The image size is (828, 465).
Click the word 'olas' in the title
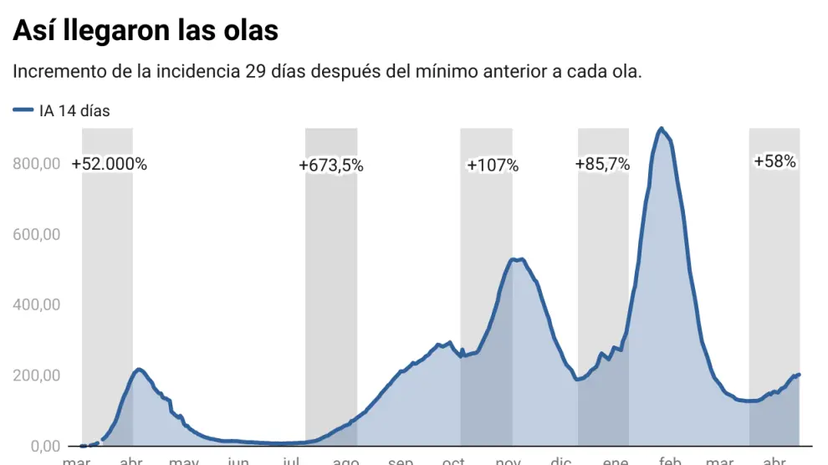246,30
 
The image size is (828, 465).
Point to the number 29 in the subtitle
256,71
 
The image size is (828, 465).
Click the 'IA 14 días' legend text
74,110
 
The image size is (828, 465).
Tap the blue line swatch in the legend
23,110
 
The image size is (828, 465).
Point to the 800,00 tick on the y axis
36,164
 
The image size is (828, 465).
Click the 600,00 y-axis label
36,234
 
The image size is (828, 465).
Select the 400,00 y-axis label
36,304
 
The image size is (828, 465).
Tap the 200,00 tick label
36,376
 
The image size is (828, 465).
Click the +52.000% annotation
110,165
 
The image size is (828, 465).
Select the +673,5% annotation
331,166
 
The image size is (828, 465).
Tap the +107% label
493,166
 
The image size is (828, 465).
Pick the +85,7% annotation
602,165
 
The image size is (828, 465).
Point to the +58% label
774,161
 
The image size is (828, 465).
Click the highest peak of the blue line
661,129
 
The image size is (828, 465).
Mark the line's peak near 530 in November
517,260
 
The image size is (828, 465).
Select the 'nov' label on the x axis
508,460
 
